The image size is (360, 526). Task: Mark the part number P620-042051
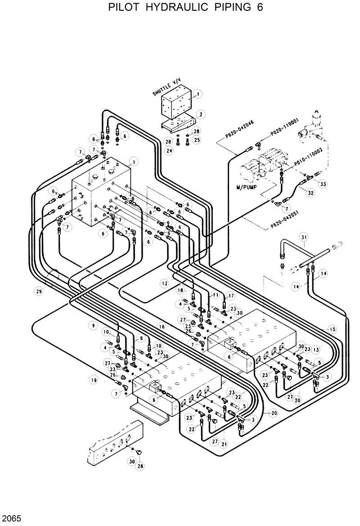pyautogui.click(x=284, y=220)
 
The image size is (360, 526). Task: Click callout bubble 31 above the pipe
pyautogui.click(x=304, y=237)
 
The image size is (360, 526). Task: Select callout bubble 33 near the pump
pyautogui.click(x=323, y=183)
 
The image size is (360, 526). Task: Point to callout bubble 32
pyautogui.click(x=310, y=192)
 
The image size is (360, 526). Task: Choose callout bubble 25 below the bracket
pyautogui.click(x=196, y=140)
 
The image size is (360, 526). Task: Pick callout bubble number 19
pyautogui.click(x=93, y=380)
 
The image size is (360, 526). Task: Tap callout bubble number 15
pyautogui.click(x=333, y=329)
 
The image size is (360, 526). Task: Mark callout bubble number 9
pyautogui.click(x=93, y=325)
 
